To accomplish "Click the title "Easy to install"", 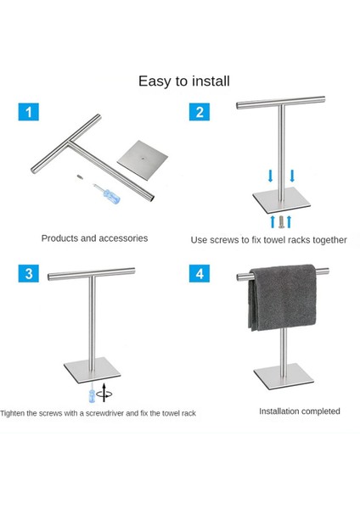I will coord(184,81).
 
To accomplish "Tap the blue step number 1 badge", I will coord(29,111).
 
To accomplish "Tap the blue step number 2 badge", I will coord(200,111).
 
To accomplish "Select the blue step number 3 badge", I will coord(29,273).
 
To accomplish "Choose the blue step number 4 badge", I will coord(200,273).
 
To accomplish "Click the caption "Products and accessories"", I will coord(94,238).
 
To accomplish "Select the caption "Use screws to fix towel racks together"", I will coord(268,240).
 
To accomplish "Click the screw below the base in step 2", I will coord(280,221).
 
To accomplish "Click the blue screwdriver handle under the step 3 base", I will coord(87,395).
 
